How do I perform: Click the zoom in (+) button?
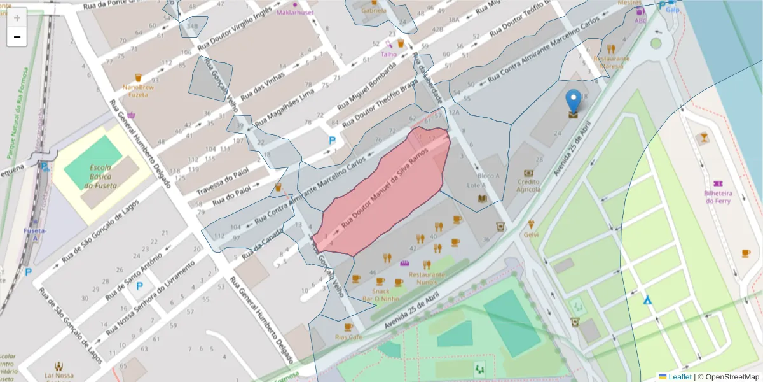17,17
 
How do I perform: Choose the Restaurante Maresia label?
611,62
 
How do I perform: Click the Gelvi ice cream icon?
531,224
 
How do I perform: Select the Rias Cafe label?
348,337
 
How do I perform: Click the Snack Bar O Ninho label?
381,295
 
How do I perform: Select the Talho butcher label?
388,54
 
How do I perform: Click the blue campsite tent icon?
647,299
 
